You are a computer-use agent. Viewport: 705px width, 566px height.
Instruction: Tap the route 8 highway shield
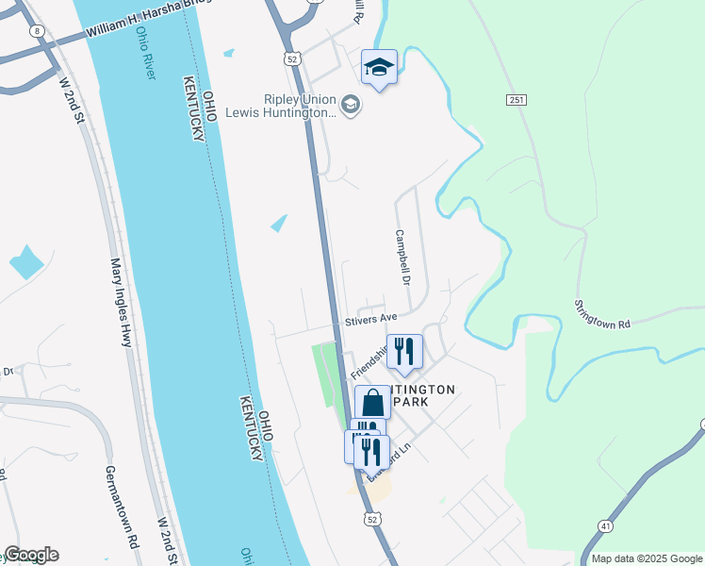pos(37,31)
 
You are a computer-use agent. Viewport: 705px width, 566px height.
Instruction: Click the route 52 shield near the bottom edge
pos(372,519)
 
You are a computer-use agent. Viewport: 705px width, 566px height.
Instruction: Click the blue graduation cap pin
pos(379,67)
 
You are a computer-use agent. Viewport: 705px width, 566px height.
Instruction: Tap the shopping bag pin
pos(372,403)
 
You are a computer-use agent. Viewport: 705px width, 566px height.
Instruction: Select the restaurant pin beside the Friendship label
pos(404,351)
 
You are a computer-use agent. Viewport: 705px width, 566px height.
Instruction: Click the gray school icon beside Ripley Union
pos(351,104)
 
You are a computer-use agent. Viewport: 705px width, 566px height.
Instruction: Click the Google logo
pos(30,555)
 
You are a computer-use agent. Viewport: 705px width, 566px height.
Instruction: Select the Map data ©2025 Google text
pos(647,558)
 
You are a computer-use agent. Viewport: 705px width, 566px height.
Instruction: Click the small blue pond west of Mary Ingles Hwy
pos(25,261)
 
